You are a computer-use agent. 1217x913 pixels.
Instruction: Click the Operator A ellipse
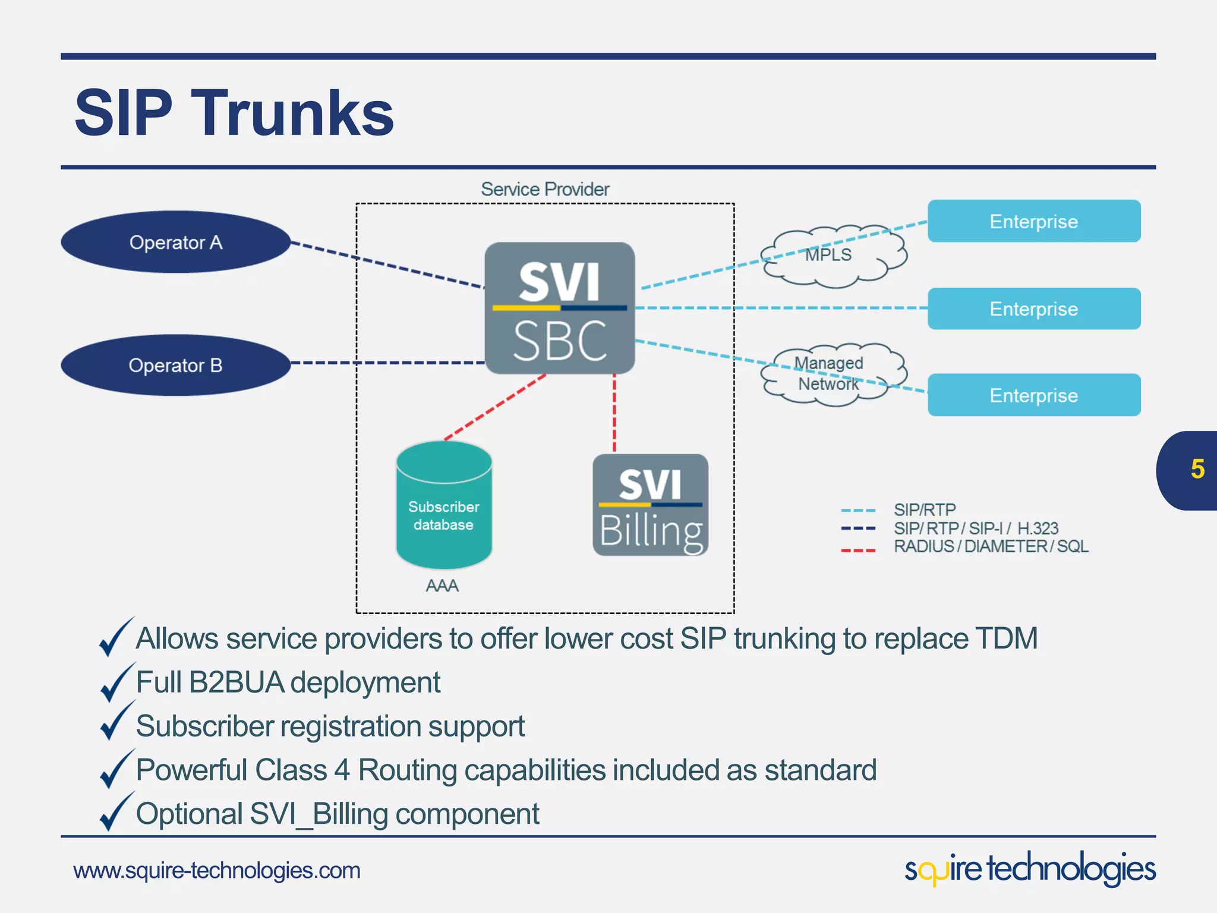(175, 243)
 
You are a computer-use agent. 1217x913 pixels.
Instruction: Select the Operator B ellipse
(175, 365)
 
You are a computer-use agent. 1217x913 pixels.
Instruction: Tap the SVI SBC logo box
(559, 308)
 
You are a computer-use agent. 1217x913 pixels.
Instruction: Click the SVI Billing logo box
(650, 505)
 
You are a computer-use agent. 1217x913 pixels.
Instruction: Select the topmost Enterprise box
(1033, 221)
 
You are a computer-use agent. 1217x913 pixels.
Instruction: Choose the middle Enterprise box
(1033, 308)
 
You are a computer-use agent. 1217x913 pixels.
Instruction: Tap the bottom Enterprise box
(1033, 395)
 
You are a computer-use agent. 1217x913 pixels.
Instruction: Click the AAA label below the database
(442, 586)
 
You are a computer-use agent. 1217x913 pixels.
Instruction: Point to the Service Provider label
(545, 189)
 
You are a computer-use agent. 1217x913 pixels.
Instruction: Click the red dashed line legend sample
(857, 551)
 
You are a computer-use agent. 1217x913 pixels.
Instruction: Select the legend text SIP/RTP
(925, 510)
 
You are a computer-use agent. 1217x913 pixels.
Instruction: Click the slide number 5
(1197, 470)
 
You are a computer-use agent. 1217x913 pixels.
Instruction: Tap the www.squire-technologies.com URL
(217, 871)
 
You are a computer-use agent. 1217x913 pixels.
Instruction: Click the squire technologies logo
(1030, 869)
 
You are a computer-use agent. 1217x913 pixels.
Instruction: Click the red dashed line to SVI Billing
(614, 413)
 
